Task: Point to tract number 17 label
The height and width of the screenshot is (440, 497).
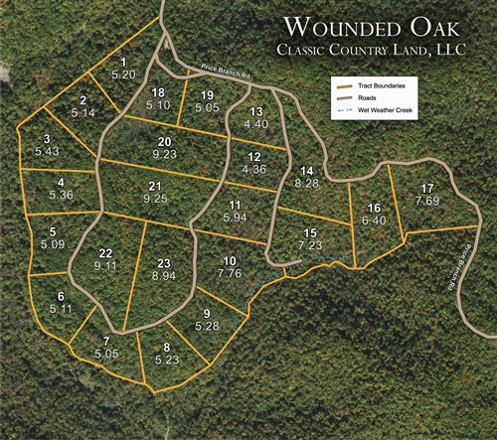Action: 426,189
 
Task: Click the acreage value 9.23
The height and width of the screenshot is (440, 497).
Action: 165,154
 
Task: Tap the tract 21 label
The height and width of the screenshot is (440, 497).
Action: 154,186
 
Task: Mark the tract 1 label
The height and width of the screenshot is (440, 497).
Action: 122,62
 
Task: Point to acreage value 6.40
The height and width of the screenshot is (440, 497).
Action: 374,220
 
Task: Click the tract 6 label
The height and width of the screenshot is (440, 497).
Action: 61,296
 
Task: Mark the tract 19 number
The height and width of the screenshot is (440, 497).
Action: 207,94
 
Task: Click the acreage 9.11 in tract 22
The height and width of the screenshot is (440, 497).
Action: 105,265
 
